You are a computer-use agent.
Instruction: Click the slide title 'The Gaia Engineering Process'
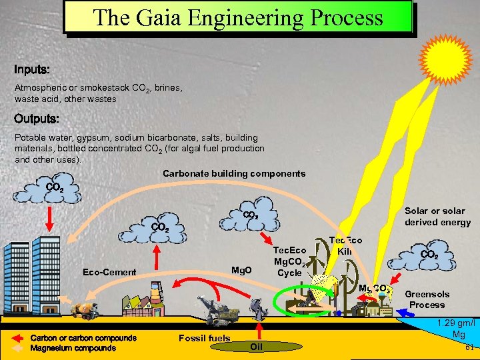point(238,17)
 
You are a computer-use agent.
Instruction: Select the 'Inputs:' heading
point(32,69)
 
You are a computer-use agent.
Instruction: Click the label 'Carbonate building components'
point(234,173)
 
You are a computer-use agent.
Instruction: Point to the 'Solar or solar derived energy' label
point(437,216)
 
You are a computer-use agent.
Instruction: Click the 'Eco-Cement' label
point(109,272)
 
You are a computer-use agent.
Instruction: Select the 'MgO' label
point(241,270)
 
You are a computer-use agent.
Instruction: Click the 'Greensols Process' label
point(427,299)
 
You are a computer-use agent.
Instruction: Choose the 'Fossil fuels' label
point(204,338)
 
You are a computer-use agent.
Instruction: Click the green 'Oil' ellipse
point(257,346)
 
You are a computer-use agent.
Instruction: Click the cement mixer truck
point(85,309)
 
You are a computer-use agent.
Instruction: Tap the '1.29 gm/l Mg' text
point(458,328)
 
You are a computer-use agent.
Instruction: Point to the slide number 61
point(469,347)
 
